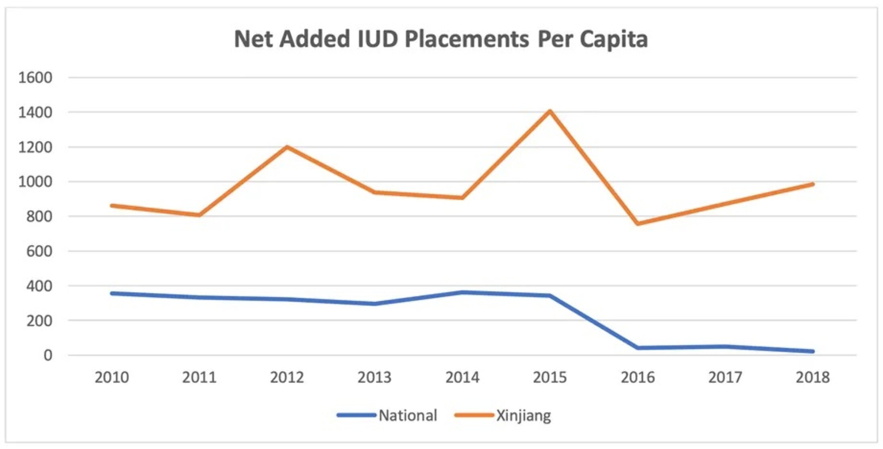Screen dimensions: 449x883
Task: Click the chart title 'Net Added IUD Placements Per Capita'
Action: (441, 39)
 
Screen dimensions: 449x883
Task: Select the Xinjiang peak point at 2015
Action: (550, 111)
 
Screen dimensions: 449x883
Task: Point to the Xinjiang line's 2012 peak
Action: (287, 147)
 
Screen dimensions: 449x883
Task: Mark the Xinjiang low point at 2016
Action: (638, 223)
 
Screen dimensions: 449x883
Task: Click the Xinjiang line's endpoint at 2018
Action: (813, 184)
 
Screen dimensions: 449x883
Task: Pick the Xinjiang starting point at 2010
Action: (112, 206)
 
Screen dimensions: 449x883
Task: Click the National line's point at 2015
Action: (550, 296)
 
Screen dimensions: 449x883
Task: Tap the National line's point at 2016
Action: (638, 348)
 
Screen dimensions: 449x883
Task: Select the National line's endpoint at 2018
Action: (813, 351)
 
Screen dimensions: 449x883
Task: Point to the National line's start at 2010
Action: (112, 293)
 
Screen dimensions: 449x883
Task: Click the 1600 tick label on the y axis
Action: (35, 78)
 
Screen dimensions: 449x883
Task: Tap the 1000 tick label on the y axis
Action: (35, 182)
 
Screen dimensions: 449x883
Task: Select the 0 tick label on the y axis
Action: (48, 355)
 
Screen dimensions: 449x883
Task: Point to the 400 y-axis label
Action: (39, 286)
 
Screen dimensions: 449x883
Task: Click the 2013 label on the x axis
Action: (374, 377)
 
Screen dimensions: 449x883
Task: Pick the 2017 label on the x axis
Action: (725, 377)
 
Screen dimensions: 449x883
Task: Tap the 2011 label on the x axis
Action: (199, 377)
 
